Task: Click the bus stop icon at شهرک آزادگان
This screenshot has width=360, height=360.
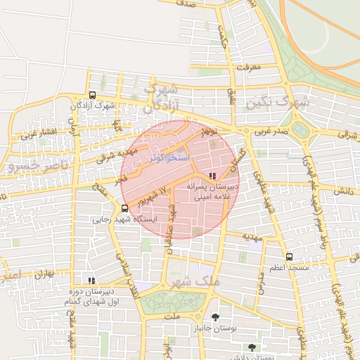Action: [92, 95]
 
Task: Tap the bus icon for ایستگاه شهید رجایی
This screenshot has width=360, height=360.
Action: [124, 208]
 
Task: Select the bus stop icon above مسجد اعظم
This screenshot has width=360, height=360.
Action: [289, 257]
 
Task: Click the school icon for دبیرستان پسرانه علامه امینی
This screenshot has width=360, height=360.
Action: [212, 176]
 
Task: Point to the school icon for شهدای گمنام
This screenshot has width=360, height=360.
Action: [89, 279]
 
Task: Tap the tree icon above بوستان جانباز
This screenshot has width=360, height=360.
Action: [215, 317]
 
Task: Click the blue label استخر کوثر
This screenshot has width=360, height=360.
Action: [169, 157]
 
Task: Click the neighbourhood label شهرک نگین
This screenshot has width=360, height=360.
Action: [278, 103]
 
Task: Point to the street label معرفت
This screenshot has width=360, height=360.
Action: [249, 68]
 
